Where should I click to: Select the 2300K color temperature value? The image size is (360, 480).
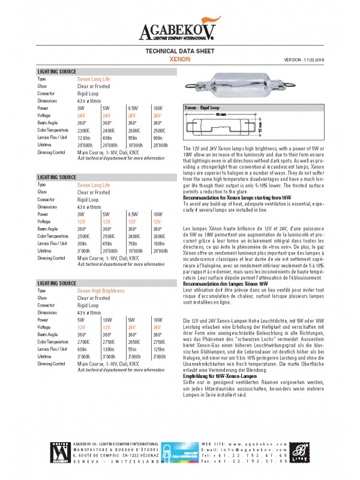pyautogui.click(x=83, y=130)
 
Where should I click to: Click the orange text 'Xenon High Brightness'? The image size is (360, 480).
pyautogui.click(x=100, y=290)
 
